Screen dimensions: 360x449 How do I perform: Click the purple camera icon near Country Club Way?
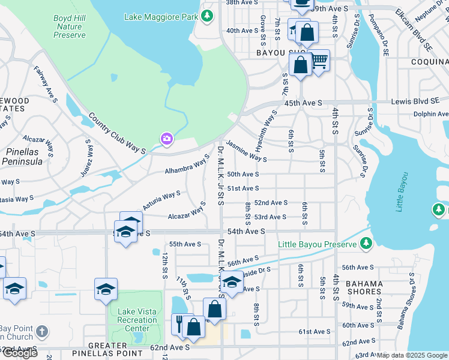pos(166,139)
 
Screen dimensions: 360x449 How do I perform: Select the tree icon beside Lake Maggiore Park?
pos(206,16)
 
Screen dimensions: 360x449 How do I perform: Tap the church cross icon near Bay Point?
pos(41,331)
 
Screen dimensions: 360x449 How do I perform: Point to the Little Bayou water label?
pos(402,192)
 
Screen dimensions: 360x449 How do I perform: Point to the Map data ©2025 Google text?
pos(412,355)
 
